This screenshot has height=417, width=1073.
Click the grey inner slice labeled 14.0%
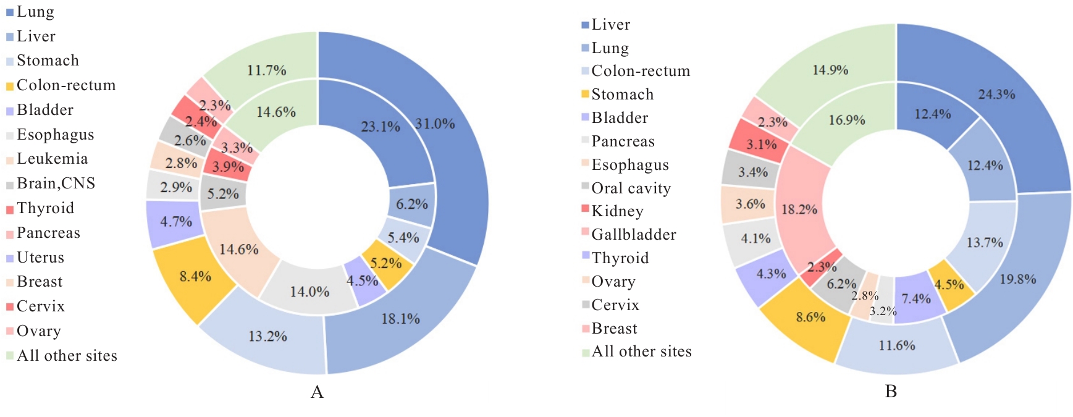pos(309,290)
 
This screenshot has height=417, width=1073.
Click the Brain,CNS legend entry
pos(56,183)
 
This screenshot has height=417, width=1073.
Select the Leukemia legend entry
pos(52,159)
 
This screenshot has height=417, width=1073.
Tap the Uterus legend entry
pos(40,258)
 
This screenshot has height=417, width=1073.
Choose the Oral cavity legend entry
pos(630,188)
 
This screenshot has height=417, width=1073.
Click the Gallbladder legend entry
pos(633,235)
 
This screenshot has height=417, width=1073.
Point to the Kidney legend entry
pos(617,211)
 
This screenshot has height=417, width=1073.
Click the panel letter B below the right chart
pos(891,392)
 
